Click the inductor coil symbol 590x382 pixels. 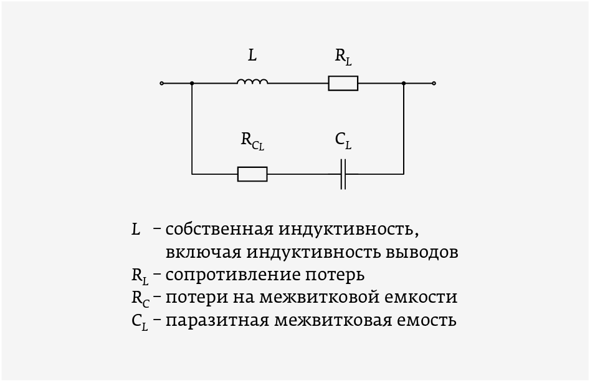252,81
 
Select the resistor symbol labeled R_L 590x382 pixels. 343,84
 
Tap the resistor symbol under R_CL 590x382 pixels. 252,174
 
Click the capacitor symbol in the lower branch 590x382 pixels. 343,174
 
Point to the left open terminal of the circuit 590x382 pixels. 162,84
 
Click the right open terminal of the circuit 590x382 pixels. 434,84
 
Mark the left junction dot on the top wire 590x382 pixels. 192,84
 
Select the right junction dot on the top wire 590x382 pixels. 404,84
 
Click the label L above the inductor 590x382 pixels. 252,56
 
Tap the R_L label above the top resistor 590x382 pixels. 343,57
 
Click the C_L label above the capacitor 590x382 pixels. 343,141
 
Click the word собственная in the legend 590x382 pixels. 219,229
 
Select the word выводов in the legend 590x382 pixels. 422,252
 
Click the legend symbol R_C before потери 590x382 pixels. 140,298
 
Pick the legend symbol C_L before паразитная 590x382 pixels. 140,321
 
